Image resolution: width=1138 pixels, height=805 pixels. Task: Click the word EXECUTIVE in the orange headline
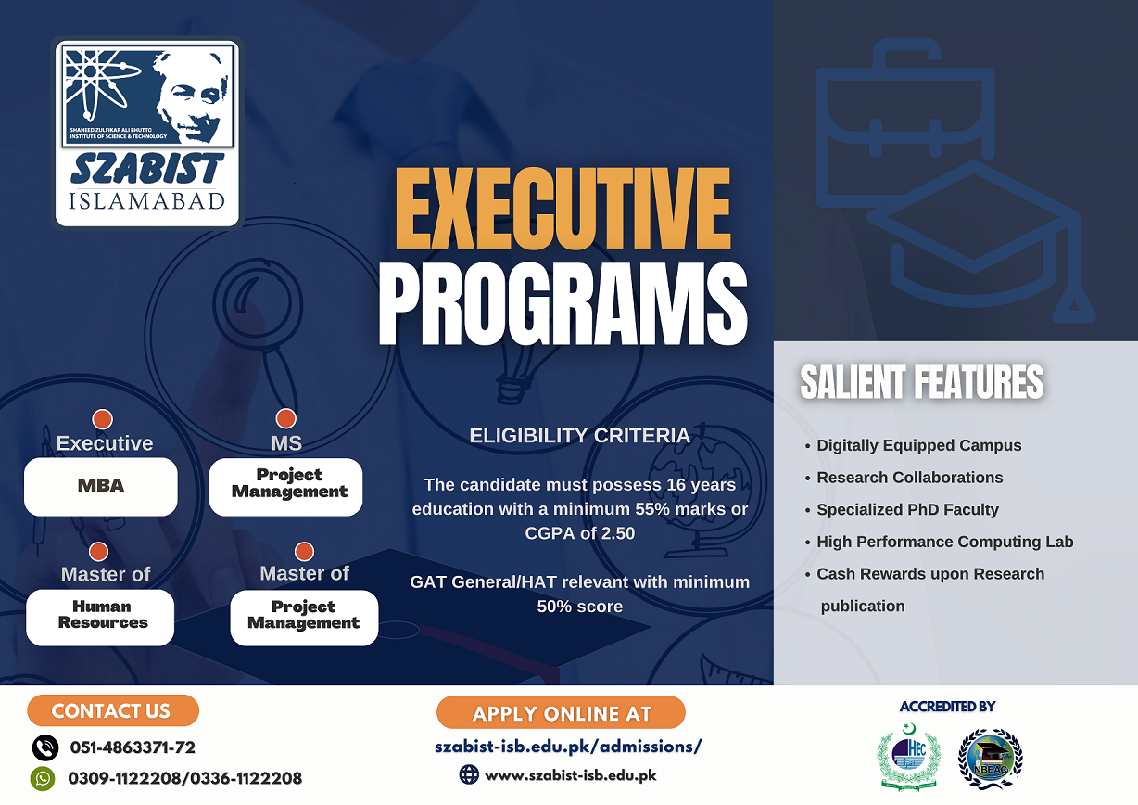[563, 209]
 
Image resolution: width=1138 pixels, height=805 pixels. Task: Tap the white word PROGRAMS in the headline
[563, 304]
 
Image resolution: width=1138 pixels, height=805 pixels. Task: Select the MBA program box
[101, 487]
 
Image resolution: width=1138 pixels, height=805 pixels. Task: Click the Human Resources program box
[100, 618]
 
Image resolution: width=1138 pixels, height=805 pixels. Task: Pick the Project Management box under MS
[285, 487]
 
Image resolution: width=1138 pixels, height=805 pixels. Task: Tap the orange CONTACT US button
[113, 710]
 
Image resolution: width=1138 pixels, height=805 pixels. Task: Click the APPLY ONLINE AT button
[561, 712]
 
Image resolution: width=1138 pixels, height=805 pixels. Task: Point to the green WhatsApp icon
[43, 778]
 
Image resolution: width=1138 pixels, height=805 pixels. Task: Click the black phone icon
[45, 747]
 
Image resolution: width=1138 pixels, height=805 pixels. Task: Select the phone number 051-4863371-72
[133, 747]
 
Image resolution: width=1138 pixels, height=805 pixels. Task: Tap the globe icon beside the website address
[469, 774]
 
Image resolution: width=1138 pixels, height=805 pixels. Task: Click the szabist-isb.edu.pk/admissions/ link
[568, 747]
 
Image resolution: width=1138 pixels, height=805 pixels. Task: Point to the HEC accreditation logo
[909, 758]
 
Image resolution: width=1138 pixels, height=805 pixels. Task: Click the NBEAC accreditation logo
[990, 759]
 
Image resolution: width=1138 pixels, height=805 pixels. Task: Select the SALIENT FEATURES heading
[921, 382]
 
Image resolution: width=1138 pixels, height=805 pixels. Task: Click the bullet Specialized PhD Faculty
[907, 509]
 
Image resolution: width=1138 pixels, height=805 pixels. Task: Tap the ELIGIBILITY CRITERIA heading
[580, 436]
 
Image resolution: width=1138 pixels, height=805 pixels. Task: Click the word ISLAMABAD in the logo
[146, 201]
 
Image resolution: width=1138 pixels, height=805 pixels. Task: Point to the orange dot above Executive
[102, 419]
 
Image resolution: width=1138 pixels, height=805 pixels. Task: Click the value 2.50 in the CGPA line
[618, 533]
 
